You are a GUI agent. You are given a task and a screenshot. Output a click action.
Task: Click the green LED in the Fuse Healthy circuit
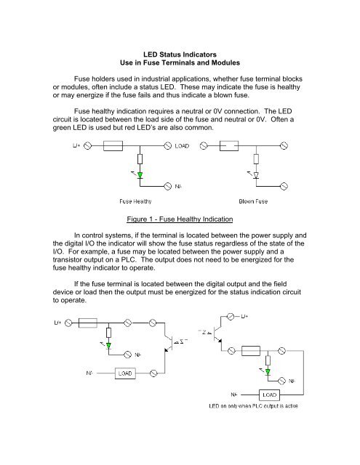coord(139,174)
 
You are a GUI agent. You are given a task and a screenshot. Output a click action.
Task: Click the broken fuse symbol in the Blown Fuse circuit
coord(228,146)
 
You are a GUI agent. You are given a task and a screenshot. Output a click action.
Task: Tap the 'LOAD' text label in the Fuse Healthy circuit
coord(184,146)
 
